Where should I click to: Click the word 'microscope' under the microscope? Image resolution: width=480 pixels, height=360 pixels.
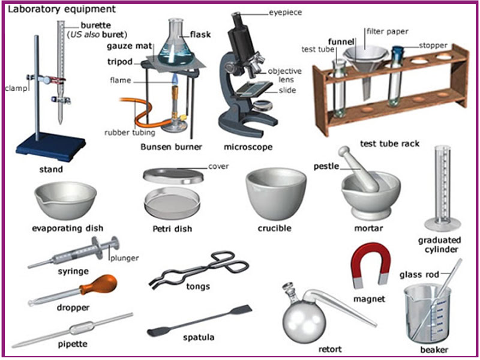[x=248, y=146]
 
